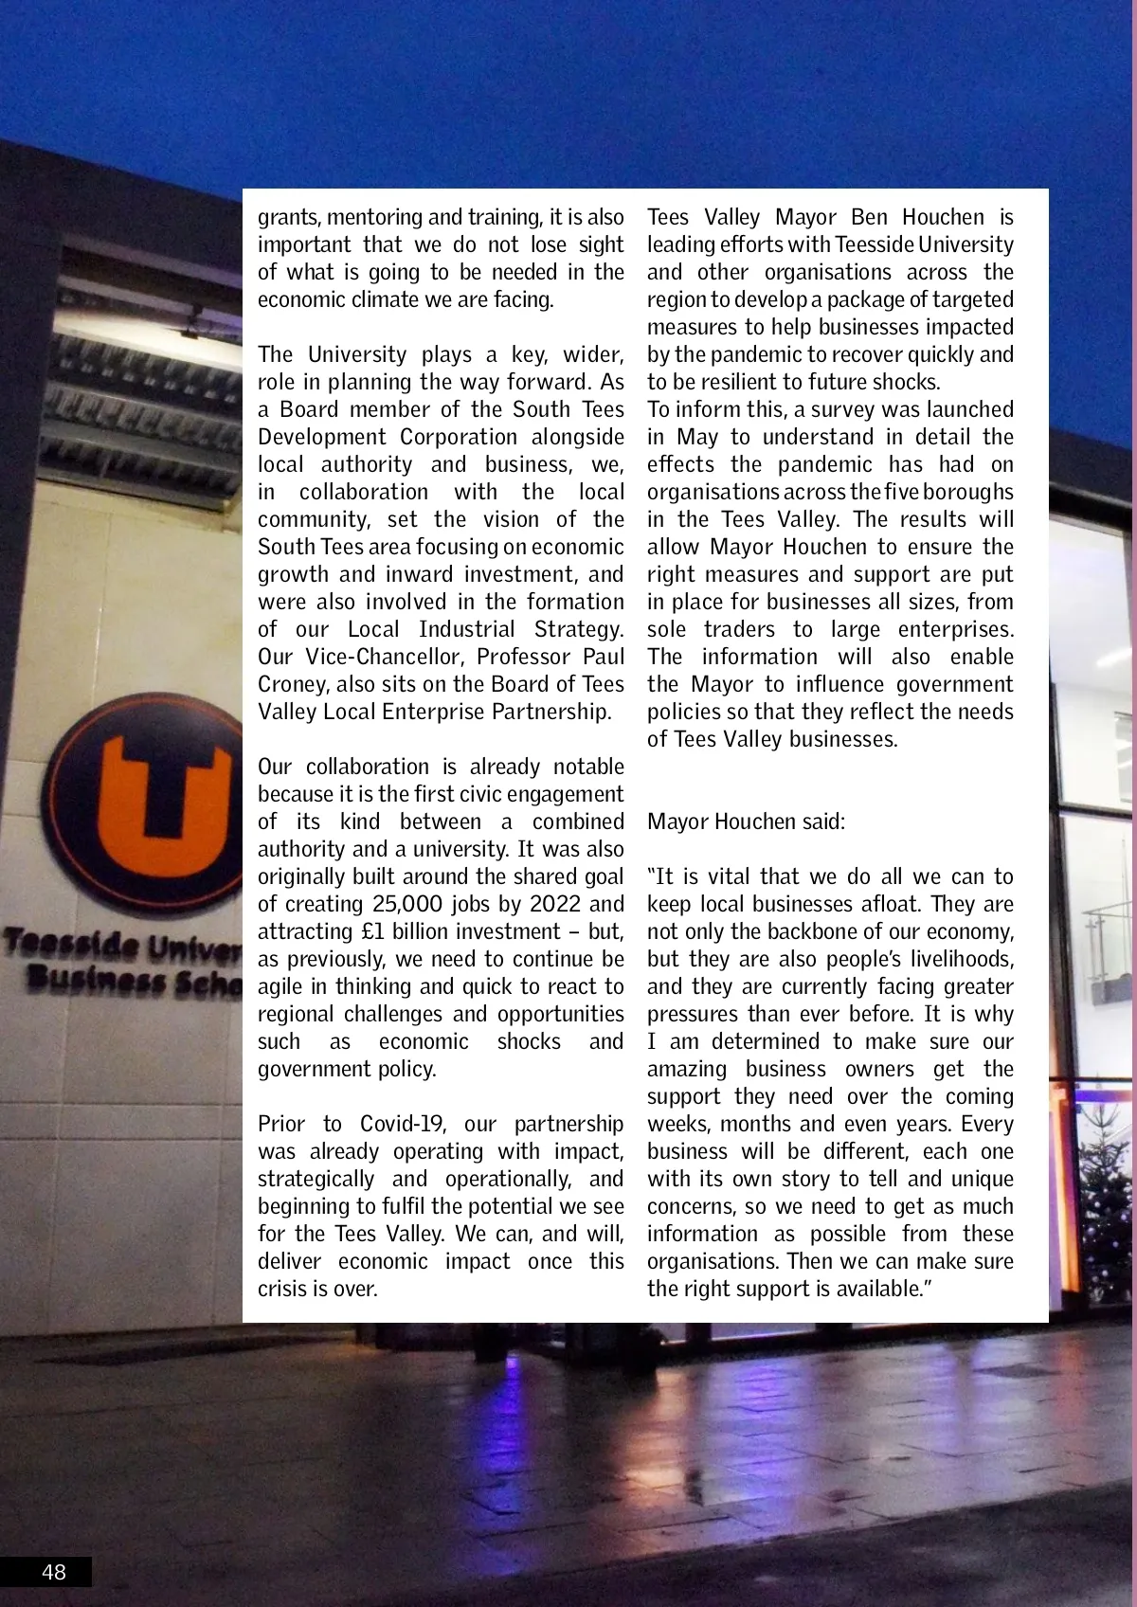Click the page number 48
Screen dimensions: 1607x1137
pyautogui.click(x=54, y=1572)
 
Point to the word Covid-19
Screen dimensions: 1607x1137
pyautogui.click(x=399, y=1124)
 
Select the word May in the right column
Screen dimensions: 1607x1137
pyautogui.click(x=697, y=437)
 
